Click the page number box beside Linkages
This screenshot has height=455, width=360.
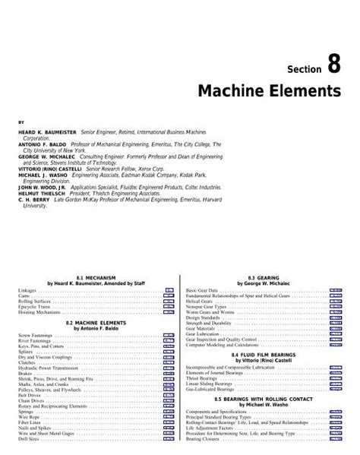[169, 291]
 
